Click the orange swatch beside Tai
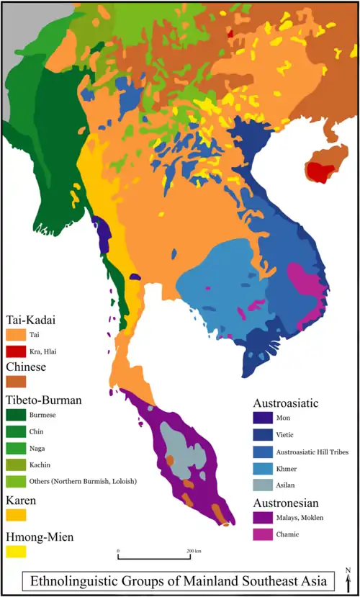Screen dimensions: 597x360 [16, 335]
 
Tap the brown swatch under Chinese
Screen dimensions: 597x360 [16, 382]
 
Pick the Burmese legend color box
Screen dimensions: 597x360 [16, 415]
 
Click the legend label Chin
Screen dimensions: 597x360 [36, 431]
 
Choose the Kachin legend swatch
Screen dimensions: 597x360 [16, 464]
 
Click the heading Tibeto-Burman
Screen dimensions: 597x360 [42, 399]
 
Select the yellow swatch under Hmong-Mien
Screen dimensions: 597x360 [16, 551]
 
